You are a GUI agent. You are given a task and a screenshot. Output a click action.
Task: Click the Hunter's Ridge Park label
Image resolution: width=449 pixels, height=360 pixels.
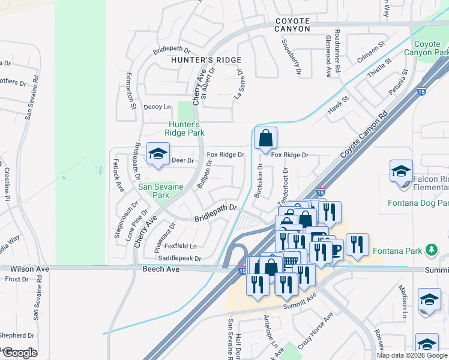[x=186, y=128]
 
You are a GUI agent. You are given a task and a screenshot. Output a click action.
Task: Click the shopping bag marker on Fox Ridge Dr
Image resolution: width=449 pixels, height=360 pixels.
[x=265, y=139]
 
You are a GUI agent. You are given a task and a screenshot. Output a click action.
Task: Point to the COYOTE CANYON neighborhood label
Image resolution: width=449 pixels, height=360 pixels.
[x=293, y=25]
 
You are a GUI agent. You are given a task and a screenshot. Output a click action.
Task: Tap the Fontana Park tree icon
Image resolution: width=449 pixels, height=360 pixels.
[x=430, y=250]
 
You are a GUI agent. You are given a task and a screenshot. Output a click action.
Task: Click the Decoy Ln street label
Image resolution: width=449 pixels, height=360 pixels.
[x=157, y=107]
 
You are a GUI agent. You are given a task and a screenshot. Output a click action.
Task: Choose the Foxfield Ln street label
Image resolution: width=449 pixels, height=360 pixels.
[x=181, y=246]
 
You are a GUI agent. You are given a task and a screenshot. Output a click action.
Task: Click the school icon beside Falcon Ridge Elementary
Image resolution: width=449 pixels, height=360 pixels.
[x=401, y=172]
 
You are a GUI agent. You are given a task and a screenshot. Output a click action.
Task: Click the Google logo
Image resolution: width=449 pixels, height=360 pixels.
[x=20, y=353]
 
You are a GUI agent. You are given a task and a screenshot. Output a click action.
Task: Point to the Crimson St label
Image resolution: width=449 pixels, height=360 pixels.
[x=370, y=52]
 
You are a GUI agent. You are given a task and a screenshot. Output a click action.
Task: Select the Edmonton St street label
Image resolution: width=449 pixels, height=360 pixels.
[x=131, y=91]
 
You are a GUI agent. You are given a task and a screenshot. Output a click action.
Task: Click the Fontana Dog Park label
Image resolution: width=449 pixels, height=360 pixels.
[x=427, y=203]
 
